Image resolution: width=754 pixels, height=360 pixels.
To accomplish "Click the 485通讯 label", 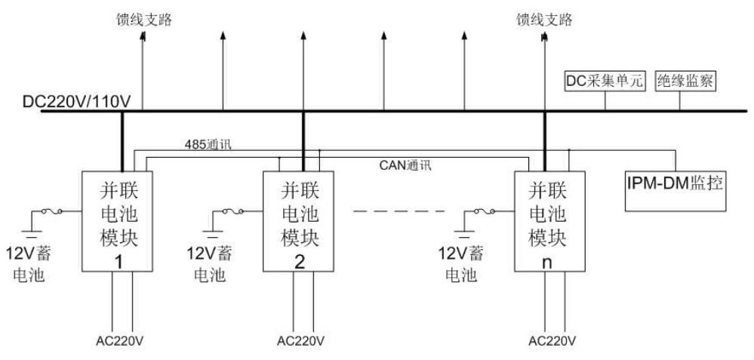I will [208, 143].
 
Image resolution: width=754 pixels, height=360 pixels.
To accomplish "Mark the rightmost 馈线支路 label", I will [544, 19].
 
